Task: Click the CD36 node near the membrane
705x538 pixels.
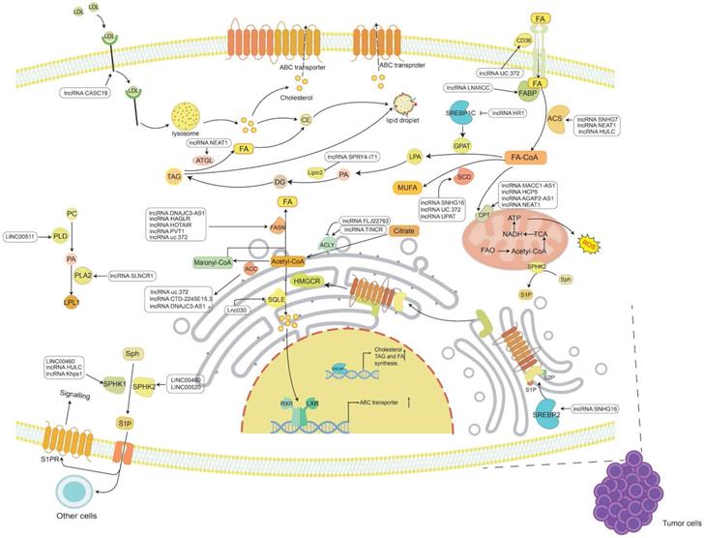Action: point(525,67)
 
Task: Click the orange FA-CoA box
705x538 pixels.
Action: point(529,157)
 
